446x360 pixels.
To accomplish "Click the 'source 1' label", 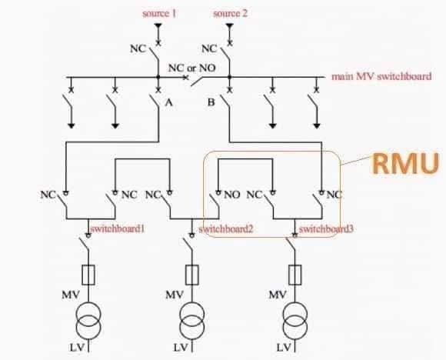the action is pyautogui.click(x=159, y=13).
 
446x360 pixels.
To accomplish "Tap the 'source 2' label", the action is pyautogui.click(x=231, y=13).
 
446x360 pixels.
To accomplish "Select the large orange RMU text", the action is pyautogui.click(x=405, y=164).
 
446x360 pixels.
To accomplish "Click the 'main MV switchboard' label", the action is pyautogui.click(x=381, y=76).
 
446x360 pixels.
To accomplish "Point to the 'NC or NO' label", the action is pyautogui.click(x=192, y=68).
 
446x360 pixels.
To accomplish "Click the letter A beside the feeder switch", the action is pyautogui.click(x=168, y=102).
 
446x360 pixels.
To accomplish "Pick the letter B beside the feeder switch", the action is pyautogui.click(x=211, y=102).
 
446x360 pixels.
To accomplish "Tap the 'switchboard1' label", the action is pyautogui.click(x=118, y=228).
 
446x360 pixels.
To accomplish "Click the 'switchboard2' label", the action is pyautogui.click(x=226, y=228).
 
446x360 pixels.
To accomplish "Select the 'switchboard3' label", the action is pyautogui.click(x=326, y=228).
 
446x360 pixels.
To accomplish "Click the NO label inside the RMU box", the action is pyautogui.click(x=232, y=195).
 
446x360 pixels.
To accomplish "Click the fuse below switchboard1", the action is pyautogui.click(x=88, y=275).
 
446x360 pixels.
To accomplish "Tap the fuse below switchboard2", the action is pyautogui.click(x=192, y=275).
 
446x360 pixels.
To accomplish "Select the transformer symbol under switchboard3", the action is pyautogui.click(x=295, y=321).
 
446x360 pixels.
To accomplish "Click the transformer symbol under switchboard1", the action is pyautogui.click(x=88, y=321).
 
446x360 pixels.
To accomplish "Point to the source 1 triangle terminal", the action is pyautogui.click(x=158, y=26).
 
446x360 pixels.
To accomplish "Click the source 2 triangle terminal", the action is pyautogui.click(x=230, y=26).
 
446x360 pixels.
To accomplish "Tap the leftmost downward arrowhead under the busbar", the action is pyautogui.click(x=71, y=126).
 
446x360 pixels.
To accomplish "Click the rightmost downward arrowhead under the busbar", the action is pyautogui.click(x=317, y=126).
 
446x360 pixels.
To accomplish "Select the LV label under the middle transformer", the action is pyautogui.click(x=181, y=347).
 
